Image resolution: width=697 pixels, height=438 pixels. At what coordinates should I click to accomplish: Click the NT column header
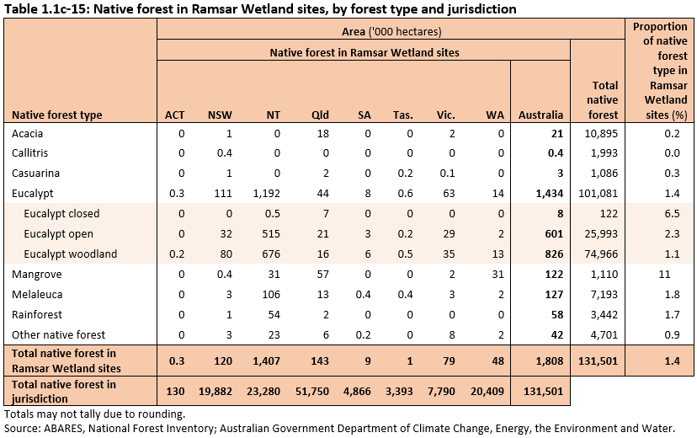(x=273, y=115)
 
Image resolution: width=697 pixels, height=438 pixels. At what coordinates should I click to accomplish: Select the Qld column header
(x=320, y=115)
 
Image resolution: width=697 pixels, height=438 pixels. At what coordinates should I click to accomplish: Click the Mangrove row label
(x=36, y=275)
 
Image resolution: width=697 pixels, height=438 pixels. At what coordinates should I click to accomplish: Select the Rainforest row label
(x=37, y=315)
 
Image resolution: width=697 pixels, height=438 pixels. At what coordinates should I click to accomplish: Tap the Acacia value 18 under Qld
(x=323, y=133)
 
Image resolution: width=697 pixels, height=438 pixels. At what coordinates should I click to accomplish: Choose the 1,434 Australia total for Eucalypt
(x=548, y=194)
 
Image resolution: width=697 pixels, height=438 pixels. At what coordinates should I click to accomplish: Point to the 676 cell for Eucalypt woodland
(x=271, y=254)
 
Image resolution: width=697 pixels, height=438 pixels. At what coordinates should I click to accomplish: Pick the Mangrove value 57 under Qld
(x=323, y=275)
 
